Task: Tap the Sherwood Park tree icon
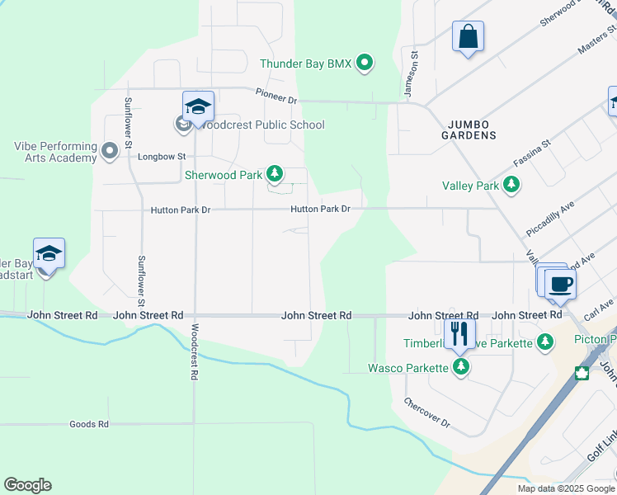[275, 174]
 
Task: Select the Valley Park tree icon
[511, 185]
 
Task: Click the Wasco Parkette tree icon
[461, 367]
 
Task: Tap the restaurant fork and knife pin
[459, 332]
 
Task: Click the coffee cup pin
[560, 285]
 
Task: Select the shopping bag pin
[468, 36]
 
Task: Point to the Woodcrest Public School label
[261, 125]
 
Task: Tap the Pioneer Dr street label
[276, 98]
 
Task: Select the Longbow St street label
[162, 156]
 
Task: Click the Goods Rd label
[89, 424]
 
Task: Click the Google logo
[27, 485]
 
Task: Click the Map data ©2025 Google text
[565, 488]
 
